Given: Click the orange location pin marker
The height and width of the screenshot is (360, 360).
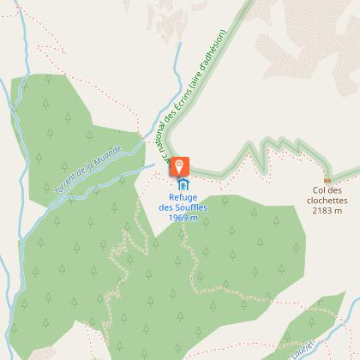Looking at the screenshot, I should point(180,165).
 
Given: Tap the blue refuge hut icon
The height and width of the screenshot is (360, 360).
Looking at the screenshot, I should point(182,183).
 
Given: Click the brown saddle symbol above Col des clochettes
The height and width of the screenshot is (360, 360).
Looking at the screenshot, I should point(327,179).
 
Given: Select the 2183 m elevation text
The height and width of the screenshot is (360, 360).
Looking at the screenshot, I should point(327,210).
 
